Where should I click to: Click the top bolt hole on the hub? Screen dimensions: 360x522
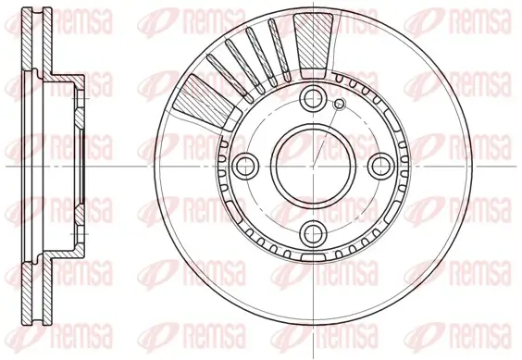point(314,99)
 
